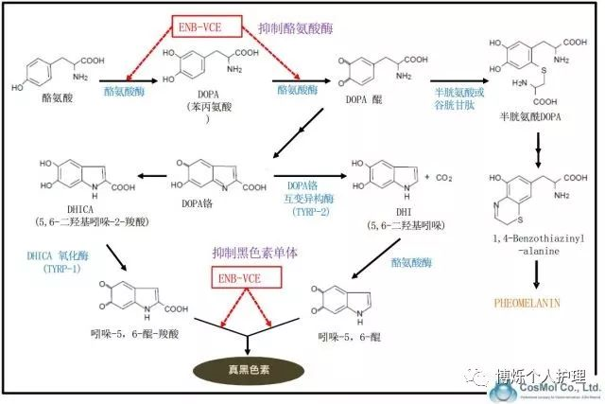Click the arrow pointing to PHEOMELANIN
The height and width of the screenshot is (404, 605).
539,276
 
